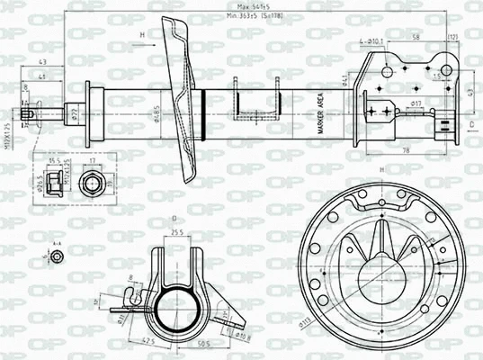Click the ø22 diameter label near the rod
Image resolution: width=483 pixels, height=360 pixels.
tap(75, 113)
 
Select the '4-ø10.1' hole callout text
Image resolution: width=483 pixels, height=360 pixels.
tap(371, 40)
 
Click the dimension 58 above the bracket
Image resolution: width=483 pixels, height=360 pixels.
tap(416, 36)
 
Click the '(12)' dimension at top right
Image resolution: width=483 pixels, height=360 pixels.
tap(452, 36)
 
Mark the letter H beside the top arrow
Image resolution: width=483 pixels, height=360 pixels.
tap(142, 34)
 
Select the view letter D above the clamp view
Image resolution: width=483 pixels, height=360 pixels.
tap(174, 219)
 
